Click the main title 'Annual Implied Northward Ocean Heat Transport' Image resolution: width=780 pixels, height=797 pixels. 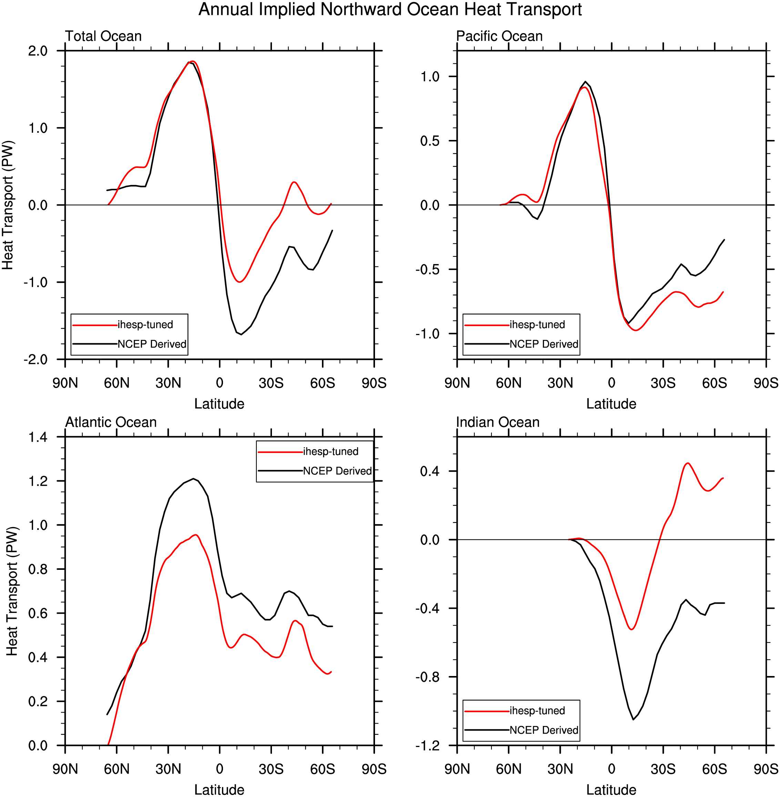(390, 9)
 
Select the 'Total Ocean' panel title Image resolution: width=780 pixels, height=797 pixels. (103, 36)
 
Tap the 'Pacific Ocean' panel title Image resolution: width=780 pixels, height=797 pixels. (499, 36)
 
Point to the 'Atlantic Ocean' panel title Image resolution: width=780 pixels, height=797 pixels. (111, 422)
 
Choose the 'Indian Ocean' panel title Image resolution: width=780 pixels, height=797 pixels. (498, 422)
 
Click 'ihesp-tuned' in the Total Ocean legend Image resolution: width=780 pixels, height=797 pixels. (145, 324)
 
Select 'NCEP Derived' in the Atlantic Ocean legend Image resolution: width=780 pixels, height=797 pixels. (337, 471)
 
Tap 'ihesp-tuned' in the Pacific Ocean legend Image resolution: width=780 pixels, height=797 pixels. (537, 324)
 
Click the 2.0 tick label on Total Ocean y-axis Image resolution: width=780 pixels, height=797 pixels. (38, 51)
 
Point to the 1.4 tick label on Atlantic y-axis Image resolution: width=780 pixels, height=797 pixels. (38, 437)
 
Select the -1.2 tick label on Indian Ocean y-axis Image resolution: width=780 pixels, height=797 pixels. (427, 745)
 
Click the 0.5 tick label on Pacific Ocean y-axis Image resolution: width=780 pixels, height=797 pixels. (430, 141)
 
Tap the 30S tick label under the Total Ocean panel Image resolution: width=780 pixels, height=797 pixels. (271, 383)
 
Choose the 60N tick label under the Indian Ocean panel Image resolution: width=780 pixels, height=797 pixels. (509, 769)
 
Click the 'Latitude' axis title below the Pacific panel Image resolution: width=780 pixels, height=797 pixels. (611, 404)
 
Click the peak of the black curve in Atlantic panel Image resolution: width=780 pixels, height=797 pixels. (193, 478)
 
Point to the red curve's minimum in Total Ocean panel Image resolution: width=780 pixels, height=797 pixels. (239, 282)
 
